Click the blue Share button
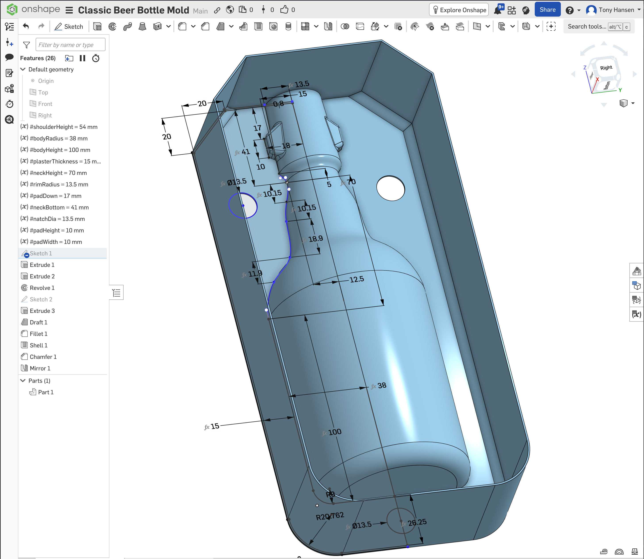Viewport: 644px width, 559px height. [x=547, y=10]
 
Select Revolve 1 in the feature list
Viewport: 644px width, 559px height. [x=42, y=288]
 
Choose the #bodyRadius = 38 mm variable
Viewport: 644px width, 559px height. [x=58, y=138]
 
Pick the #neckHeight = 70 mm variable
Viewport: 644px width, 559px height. [x=58, y=173]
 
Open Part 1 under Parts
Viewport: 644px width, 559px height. [x=46, y=392]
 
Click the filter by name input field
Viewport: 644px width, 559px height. [x=70, y=45]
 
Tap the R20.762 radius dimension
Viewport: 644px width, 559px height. [x=330, y=516]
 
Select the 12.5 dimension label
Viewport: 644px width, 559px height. [x=356, y=279]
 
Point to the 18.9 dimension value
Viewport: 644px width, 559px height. [x=315, y=239]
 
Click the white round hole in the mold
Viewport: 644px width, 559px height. [x=390, y=188]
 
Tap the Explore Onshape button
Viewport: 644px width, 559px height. [x=459, y=10]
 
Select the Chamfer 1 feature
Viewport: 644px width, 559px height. [x=43, y=356]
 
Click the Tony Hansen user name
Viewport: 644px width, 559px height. [x=616, y=10]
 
